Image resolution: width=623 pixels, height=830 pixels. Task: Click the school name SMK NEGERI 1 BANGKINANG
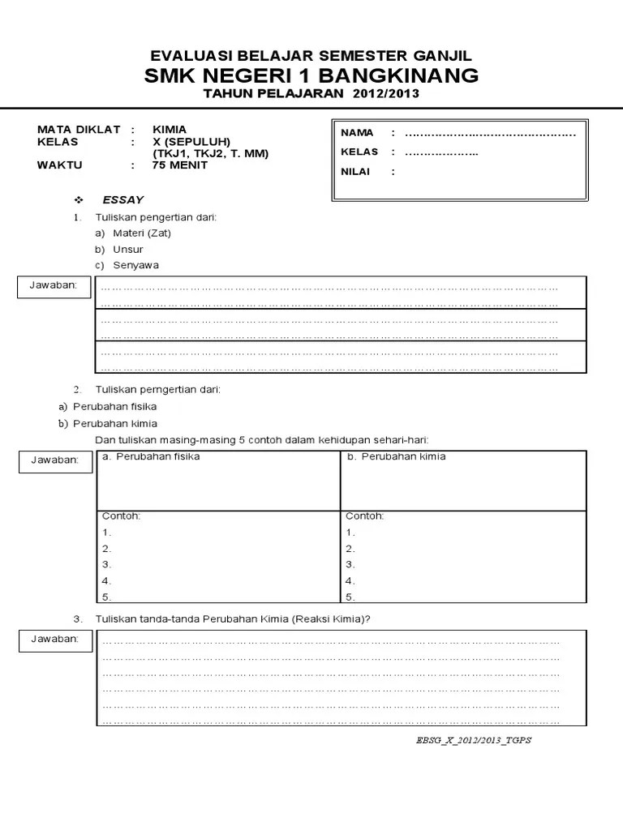tap(311, 75)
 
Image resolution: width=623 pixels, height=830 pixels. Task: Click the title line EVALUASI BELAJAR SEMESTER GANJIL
tap(311, 55)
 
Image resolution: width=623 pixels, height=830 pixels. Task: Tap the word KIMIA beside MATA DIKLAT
tap(169, 129)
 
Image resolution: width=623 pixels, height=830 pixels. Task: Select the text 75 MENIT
tap(179, 165)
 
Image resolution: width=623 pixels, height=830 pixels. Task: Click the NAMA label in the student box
tap(357, 133)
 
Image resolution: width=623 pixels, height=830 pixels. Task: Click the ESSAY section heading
tap(122, 199)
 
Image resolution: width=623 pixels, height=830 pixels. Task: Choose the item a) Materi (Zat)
tap(133, 233)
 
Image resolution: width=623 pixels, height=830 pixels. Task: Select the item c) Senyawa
tap(126, 265)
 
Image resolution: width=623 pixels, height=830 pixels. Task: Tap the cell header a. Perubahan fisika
tap(151, 456)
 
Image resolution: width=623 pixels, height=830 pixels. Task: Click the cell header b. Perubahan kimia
tap(396, 456)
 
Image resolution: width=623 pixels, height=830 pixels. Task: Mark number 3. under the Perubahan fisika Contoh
tap(107, 564)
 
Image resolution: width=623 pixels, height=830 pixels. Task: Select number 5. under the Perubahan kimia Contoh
tap(350, 597)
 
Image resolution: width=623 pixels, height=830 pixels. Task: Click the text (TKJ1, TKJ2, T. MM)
tap(210, 153)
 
